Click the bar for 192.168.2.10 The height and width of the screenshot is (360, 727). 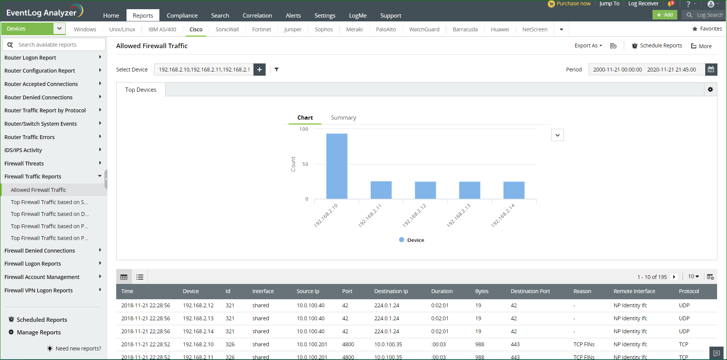click(x=337, y=166)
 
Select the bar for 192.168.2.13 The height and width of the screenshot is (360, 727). click(x=469, y=190)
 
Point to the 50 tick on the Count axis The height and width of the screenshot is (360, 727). click(x=305, y=164)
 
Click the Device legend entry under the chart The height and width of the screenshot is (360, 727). click(x=412, y=240)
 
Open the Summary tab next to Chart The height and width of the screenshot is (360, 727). click(x=343, y=118)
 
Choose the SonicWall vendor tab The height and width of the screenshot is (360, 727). click(x=227, y=29)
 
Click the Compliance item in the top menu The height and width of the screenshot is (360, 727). click(x=182, y=16)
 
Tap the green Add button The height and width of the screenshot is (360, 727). click(x=665, y=15)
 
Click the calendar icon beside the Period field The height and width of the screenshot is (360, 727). click(x=711, y=70)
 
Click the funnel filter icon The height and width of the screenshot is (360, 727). click(x=276, y=70)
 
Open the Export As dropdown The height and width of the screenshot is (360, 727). click(x=588, y=45)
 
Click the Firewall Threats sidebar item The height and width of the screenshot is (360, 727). click(x=24, y=164)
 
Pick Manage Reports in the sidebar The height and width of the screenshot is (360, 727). click(x=39, y=332)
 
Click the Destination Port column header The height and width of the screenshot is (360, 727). click(x=530, y=291)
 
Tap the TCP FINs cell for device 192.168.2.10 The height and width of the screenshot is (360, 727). click(x=584, y=344)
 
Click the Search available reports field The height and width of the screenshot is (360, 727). click(x=57, y=45)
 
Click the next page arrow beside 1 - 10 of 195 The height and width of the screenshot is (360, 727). click(x=674, y=277)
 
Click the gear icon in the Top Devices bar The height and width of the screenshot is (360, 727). click(x=710, y=89)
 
